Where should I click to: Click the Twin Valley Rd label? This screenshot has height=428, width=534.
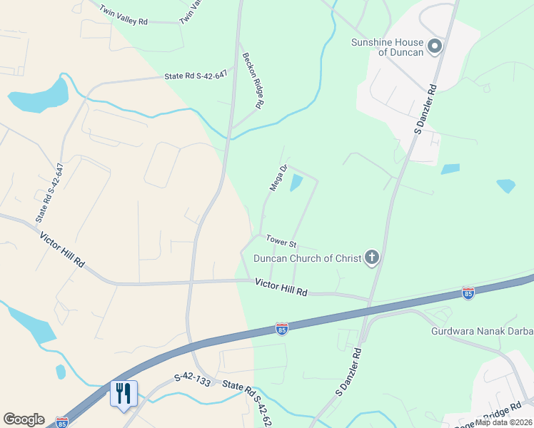click(x=124, y=16)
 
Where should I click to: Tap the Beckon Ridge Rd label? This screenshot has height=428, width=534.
click(x=253, y=81)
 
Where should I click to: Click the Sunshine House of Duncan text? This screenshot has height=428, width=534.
click(x=388, y=47)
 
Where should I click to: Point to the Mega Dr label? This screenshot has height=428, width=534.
click(x=278, y=178)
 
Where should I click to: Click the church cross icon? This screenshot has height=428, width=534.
click(x=371, y=258)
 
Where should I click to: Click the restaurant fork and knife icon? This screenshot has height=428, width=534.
click(x=124, y=393)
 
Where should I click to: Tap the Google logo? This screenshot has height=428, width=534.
click(x=24, y=419)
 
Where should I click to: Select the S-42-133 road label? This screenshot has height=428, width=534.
click(x=192, y=382)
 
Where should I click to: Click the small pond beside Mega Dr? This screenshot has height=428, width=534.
click(x=296, y=183)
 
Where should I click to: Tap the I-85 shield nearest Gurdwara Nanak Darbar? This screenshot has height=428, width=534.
click(x=468, y=293)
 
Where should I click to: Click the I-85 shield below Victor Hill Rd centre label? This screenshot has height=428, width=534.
click(x=282, y=329)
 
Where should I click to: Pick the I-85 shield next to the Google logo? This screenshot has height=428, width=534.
click(x=62, y=422)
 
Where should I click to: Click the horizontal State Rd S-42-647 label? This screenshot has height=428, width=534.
click(x=196, y=74)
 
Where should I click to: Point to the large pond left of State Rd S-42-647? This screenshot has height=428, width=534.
click(x=39, y=96)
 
